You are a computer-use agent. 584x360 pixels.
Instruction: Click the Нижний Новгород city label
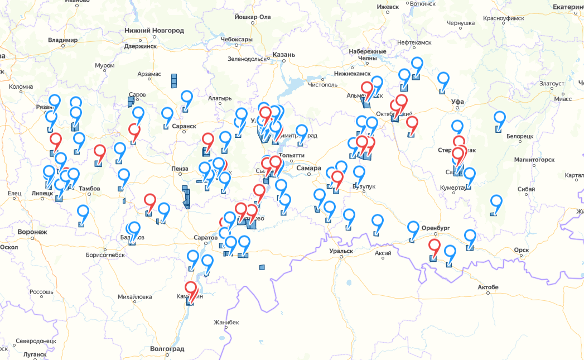pos(154,30)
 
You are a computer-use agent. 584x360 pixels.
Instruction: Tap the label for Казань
pos(283,55)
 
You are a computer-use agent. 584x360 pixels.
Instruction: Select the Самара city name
pos(310,168)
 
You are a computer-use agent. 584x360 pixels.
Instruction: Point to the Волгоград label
pos(167,349)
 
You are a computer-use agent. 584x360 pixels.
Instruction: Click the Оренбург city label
pos(436,228)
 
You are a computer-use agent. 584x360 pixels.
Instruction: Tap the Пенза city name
pos(180,169)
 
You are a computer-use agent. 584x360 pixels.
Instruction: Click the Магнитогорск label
pos(534,160)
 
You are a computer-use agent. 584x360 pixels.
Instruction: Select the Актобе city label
pos(488,287)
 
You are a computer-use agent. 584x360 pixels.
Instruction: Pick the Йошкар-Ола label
pos(253,17)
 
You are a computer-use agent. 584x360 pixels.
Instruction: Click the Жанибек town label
pos(226,323)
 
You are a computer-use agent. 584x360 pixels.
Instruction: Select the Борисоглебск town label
pos(105,255)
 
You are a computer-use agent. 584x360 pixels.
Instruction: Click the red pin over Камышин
pos(191,290)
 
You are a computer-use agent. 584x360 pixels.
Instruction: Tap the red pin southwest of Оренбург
pos(435,246)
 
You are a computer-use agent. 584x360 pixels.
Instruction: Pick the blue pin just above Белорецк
pos(500,118)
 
